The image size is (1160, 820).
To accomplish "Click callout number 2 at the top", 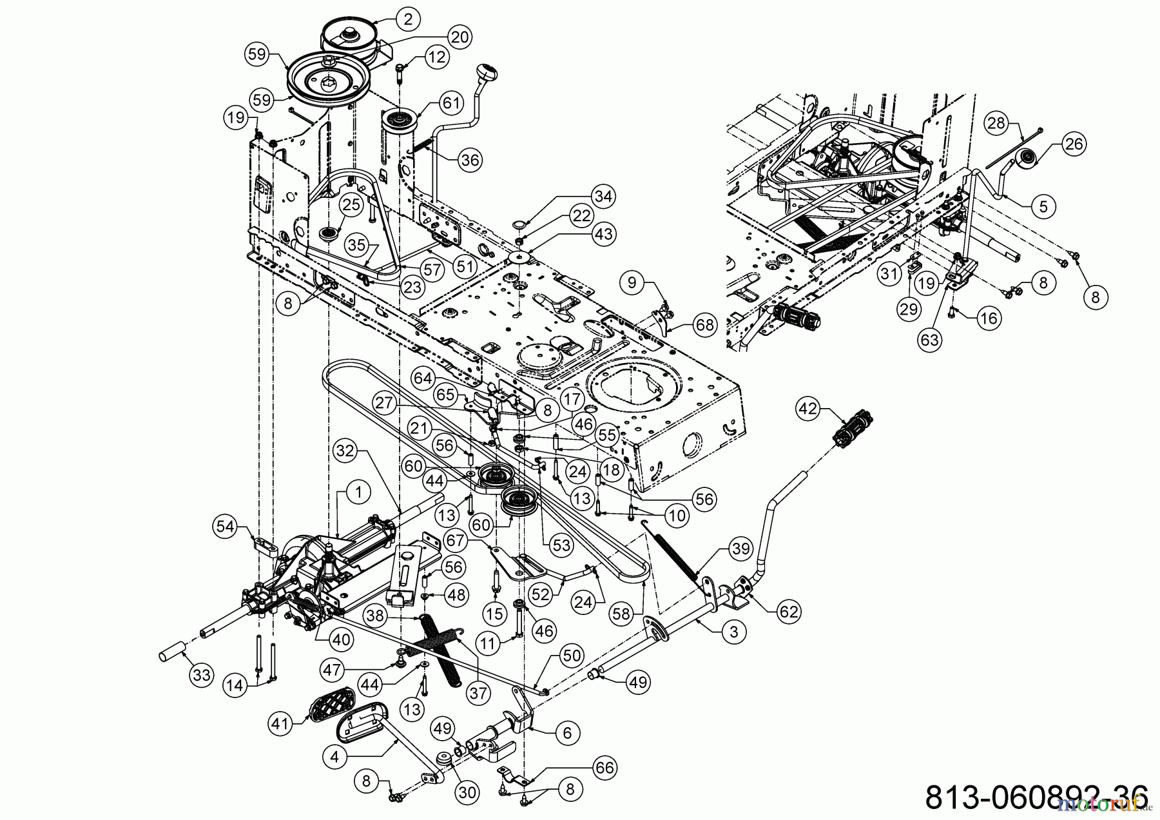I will pos(408,19).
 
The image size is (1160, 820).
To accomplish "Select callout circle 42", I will pos(808,408).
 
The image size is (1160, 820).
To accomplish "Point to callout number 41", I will pos(280,724).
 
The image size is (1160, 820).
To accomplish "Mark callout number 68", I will pos(705,325).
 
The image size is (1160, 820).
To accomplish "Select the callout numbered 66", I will pos(603,768).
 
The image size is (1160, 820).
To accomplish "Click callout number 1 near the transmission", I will pos(358,493).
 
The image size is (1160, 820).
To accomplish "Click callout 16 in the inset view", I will pos(989,318).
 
